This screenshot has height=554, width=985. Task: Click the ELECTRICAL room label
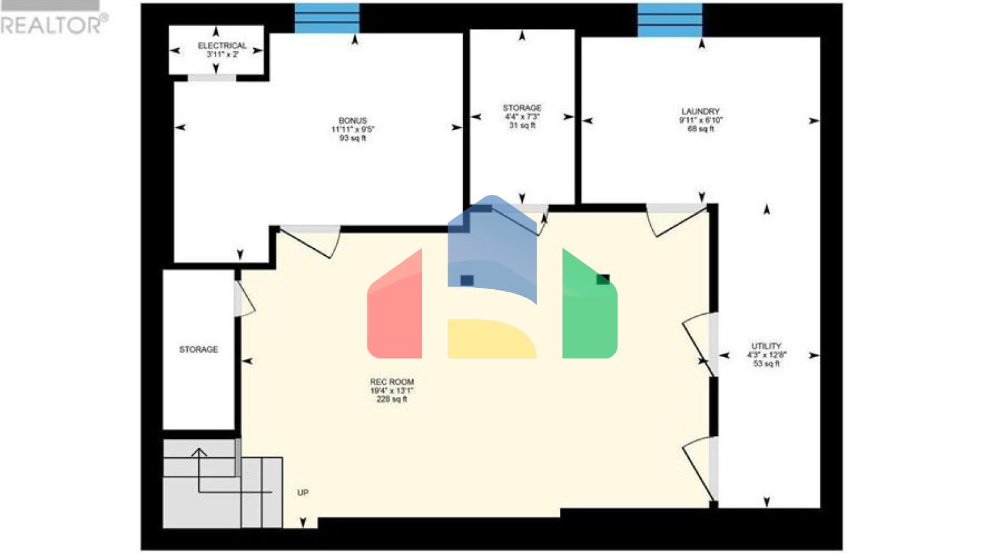click(x=222, y=46)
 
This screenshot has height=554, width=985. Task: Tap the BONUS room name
click(x=353, y=121)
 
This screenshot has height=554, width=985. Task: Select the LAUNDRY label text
click(x=700, y=111)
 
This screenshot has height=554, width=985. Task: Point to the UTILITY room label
click(x=766, y=346)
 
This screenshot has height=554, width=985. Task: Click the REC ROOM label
click(x=392, y=382)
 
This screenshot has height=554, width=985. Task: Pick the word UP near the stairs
click(x=303, y=492)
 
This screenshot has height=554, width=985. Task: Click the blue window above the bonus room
click(x=327, y=18)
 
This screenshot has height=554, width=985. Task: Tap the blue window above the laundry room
click(x=670, y=19)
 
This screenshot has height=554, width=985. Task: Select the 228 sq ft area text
click(x=392, y=399)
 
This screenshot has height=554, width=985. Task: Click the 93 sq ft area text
click(x=353, y=138)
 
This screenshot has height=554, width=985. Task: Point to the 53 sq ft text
click(x=766, y=364)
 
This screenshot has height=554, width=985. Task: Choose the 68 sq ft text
click(x=700, y=129)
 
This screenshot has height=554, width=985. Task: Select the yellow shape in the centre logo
click(x=491, y=339)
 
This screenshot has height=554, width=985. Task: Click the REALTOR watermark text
click(x=51, y=25)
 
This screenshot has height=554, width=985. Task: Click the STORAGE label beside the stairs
click(x=198, y=349)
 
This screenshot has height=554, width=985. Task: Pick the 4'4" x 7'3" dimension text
click(x=522, y=117)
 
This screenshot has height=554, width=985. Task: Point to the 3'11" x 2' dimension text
click(x=222, y=55)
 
